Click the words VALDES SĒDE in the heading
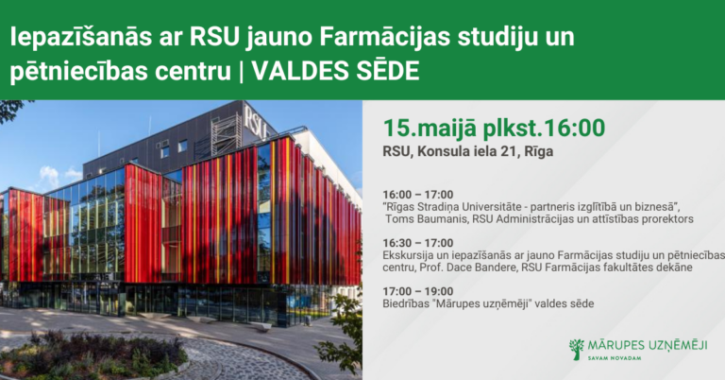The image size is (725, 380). (336, 71)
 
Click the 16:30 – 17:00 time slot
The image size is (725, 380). (418, 243)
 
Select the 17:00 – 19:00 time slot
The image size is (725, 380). (418, 291)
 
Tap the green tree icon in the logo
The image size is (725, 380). (577, 349)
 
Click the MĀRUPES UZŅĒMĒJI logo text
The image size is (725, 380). (648, 345)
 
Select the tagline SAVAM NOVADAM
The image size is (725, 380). (615, 358)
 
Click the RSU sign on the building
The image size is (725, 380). (256, 122)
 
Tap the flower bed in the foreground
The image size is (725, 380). (93, 355)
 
